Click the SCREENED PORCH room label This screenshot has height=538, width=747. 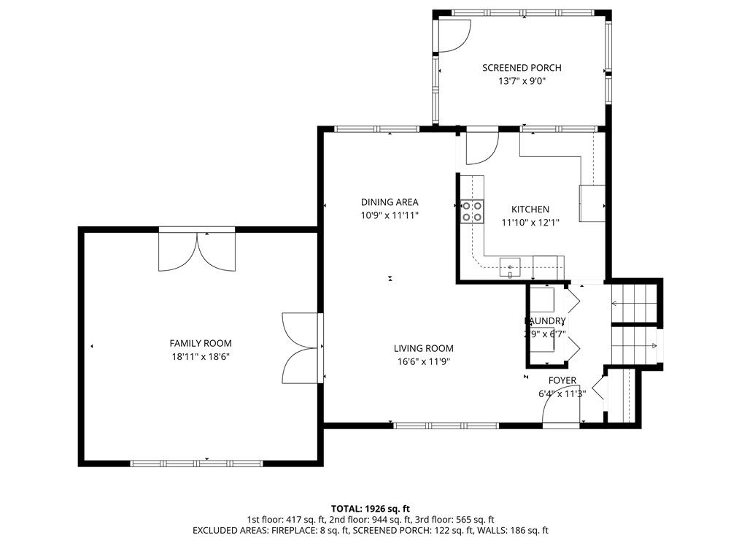click(522, 68)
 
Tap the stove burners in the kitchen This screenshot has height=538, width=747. click(471, 211)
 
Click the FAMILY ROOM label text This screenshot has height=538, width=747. click(201, 343)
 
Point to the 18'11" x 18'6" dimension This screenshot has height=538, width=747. click(201, 357)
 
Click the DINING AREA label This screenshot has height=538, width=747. click(390, 202)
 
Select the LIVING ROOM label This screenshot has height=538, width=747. click(424, 348)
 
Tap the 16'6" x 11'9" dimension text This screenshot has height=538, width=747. click(424, 361)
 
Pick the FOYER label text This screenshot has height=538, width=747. click(562, 380)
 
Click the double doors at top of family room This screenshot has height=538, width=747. click(197, 251)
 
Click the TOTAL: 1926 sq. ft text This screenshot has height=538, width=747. click(371, 508)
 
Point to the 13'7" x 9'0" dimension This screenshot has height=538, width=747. click(522, 82)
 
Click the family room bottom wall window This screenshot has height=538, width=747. click(196, 463)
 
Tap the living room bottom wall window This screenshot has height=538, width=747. click(446, 425)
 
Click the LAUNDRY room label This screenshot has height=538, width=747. click(545, 321)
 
